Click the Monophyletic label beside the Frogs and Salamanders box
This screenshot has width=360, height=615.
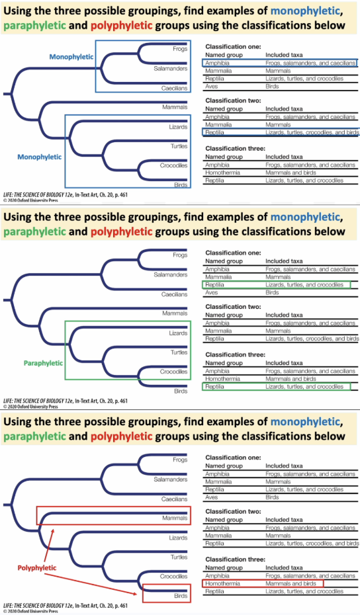click(x=71, y=57)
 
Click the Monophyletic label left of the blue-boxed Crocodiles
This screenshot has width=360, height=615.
click(x=40, y=157)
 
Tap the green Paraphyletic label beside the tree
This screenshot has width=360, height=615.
click(x=43, y=363)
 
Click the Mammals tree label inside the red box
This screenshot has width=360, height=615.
click(x=175, y=518)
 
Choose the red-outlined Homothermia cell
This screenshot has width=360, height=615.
click(x=222, y=584)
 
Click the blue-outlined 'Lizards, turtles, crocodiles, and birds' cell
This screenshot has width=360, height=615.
click(x=312, y=132)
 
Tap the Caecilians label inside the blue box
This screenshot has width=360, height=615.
click(x=175, y=88)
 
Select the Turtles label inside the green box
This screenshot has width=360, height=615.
click(x=179, y=352)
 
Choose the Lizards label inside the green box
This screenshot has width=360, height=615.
click(x=178, y=333)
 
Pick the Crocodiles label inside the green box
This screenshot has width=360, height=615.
click(x=175, y=372)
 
